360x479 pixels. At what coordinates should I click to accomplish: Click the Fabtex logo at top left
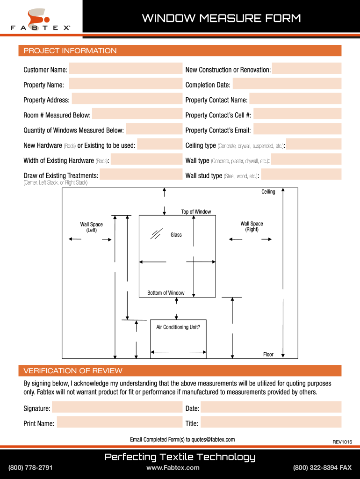pos(41,20)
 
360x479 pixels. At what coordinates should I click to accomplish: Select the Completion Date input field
pos(287,85)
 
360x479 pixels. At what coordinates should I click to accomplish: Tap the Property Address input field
pos(127,100)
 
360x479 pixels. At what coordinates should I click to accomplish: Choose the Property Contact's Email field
pos(297,130)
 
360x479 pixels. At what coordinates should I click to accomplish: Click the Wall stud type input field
pos(301,175)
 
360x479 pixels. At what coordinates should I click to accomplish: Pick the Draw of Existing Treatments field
pos(141,175)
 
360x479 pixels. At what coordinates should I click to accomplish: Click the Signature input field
pos(117,408)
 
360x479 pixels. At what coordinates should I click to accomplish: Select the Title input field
pos(271,423)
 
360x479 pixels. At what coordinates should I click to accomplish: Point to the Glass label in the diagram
pos(176,234)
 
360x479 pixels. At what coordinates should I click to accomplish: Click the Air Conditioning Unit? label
pos(178,327)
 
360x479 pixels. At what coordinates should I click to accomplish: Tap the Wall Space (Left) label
pos(91,227)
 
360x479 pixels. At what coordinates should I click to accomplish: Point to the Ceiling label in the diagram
pos(268,192)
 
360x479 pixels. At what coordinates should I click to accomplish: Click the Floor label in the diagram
pos(268,355)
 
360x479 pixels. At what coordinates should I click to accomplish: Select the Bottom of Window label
pos(166,293)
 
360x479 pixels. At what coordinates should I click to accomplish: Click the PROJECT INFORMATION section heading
pos(70,51)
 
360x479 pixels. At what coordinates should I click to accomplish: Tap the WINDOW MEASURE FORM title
pos(221,19)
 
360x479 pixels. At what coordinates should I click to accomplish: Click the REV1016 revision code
pos(342,442)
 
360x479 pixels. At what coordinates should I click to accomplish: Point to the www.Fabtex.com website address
pos(173,468)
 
